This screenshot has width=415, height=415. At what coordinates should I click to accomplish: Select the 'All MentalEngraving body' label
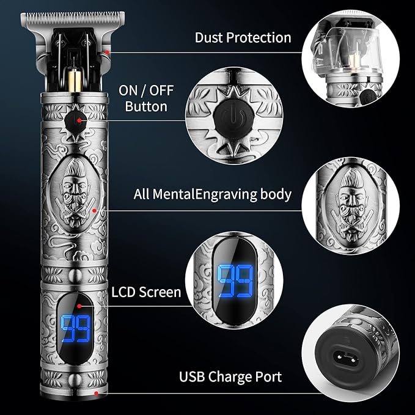coord(213,195)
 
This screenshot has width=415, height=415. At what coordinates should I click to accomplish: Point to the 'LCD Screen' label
coord(146,292)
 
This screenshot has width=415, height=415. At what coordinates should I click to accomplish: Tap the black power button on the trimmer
coord(75,117)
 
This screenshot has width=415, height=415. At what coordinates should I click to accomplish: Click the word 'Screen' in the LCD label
coord(161,292)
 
